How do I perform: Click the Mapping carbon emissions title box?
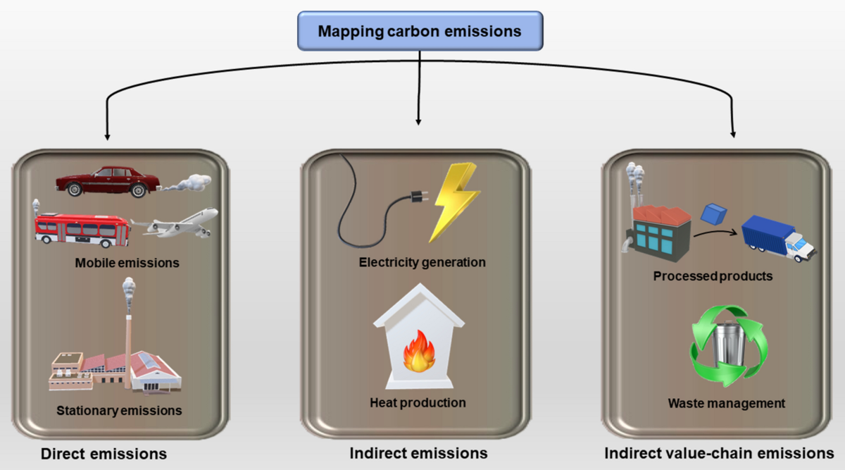point(420,31)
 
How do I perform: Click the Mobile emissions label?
point(127,263)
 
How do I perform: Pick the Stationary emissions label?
point(119,410)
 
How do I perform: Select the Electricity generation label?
point(422,262)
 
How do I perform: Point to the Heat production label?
point(418,403)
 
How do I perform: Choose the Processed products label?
point(712,276)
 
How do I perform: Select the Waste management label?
point(726,404)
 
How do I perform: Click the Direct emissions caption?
point(104,453)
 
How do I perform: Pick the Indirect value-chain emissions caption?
point(718,452)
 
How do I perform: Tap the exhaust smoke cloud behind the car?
point(188,183)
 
